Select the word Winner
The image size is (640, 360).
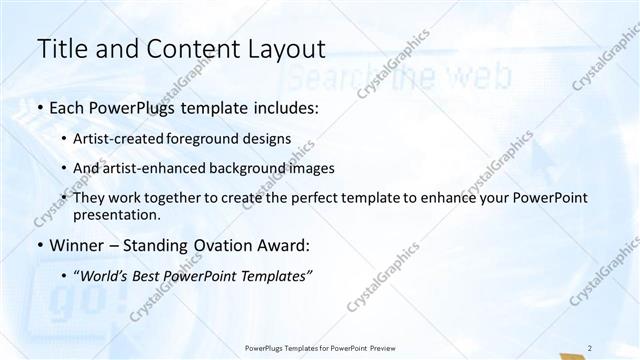76,245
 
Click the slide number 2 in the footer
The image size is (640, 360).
590,348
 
